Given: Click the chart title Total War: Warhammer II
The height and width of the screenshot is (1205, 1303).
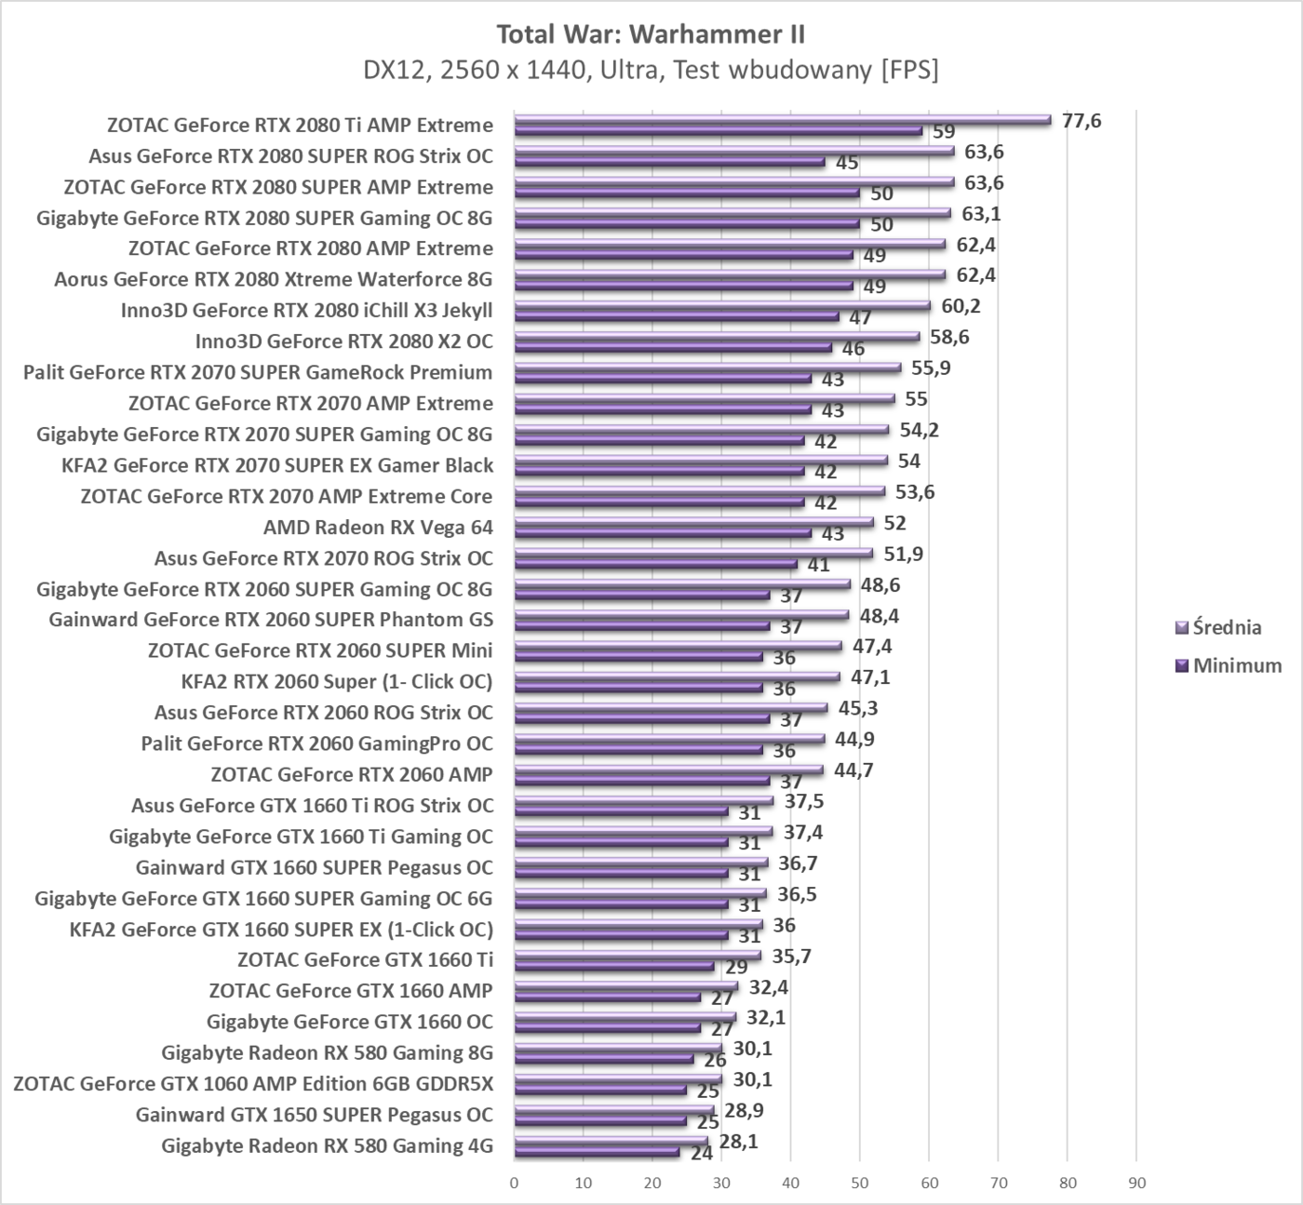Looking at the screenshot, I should [651, 34].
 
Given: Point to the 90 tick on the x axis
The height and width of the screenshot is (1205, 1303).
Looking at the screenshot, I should [1136, 1184].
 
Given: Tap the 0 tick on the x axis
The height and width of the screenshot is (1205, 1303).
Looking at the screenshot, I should [515, 1184].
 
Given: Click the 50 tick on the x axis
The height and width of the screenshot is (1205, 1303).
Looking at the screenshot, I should [860, 1184].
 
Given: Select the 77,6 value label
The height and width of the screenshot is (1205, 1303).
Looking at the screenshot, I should [1081, 121].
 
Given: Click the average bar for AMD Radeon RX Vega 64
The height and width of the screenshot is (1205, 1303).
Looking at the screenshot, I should [693, 522].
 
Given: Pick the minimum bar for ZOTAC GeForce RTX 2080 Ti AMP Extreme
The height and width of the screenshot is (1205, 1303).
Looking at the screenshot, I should [718, 131].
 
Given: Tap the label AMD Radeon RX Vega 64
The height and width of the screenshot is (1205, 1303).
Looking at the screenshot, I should [378, 528].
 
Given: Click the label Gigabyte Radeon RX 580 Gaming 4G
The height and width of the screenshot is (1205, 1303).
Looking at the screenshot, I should [327, 1145].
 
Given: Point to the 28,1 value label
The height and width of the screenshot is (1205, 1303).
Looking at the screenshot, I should [738, 1141].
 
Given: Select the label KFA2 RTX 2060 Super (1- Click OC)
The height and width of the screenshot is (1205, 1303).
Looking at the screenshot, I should [336, 682].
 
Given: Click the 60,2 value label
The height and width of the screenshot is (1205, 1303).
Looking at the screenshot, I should [960, 306].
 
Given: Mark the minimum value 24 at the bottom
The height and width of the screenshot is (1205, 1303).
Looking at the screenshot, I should [702, 1153].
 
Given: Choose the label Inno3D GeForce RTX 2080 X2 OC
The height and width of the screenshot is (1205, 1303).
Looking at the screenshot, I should [343, 341].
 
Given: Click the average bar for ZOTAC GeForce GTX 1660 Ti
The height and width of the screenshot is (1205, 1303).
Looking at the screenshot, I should [638, 955].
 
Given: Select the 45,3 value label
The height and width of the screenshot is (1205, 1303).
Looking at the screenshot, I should [858, 708].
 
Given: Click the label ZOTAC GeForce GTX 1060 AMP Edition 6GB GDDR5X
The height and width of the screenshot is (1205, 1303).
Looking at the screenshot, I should [253, 1083].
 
